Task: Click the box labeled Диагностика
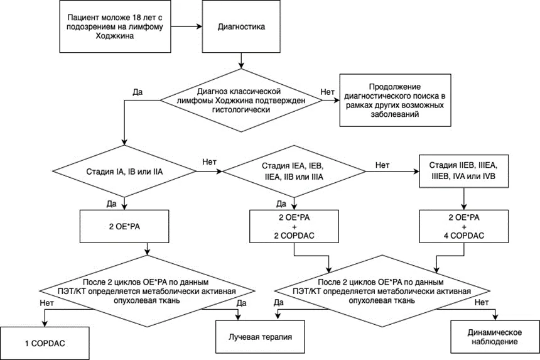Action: tap(241, 26)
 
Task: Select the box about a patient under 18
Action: tap(115, 26)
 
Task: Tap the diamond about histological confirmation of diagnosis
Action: tap(241, 101)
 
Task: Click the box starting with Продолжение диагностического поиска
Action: tap(395, 101)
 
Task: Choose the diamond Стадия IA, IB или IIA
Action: tap(124, 172)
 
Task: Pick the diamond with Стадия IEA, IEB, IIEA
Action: tap(294, 172)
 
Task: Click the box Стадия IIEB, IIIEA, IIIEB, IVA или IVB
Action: tap(463, 171)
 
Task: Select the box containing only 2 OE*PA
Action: tap(124, 227)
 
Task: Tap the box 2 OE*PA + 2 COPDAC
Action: tap(294, 227)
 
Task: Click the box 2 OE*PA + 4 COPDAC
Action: tap(463, 227)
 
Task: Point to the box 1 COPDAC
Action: tap(45, 343)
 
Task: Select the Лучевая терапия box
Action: tap(260, 337)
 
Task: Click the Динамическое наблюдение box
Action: tap(495, 337)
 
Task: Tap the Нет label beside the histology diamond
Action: tap(327, 92)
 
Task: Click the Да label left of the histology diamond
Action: tap(138, 92)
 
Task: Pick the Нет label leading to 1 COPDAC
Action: tap(47, 303)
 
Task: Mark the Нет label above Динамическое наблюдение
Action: tap(482, 302)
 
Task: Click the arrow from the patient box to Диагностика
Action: tap(186, 26)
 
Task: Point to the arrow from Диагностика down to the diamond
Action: tap(241, 61)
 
